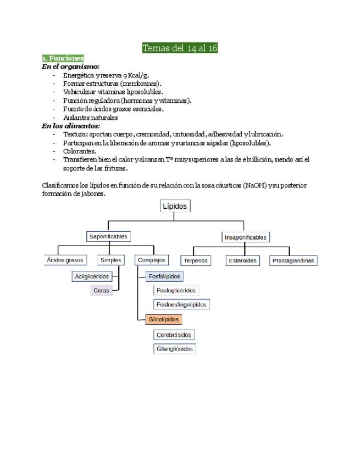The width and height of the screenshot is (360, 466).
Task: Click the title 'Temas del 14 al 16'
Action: point(180,48)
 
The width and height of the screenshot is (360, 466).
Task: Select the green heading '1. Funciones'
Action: point(63,58)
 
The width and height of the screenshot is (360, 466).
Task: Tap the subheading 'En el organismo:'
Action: point(70,66)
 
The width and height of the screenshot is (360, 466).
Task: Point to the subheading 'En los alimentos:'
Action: point(71,126)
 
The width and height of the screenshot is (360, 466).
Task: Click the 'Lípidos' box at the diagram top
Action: point(175,206)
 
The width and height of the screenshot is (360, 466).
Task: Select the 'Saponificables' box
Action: point(108,237)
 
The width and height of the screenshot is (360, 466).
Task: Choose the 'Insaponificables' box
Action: point(246,237)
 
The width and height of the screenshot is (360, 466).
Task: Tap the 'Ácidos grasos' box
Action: point(65,260)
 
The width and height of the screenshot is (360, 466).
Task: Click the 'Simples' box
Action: point(111,260)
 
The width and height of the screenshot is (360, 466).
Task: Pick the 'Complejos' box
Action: point(152,260)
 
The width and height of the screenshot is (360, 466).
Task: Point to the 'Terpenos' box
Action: point(195,261)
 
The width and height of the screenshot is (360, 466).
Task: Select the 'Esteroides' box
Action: point(242,261)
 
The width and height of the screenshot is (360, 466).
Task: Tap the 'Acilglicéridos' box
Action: point(92,276)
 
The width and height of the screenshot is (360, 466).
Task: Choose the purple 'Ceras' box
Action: point(101,291)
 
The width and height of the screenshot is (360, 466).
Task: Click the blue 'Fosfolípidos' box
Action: point(164,276)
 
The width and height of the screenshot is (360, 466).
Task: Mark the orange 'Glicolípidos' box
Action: point(164,319)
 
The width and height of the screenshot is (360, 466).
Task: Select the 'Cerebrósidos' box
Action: point(174,335)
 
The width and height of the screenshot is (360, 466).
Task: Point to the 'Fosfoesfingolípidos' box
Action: point(181,304)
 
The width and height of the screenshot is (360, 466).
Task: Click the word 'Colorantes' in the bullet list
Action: point(80,151)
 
